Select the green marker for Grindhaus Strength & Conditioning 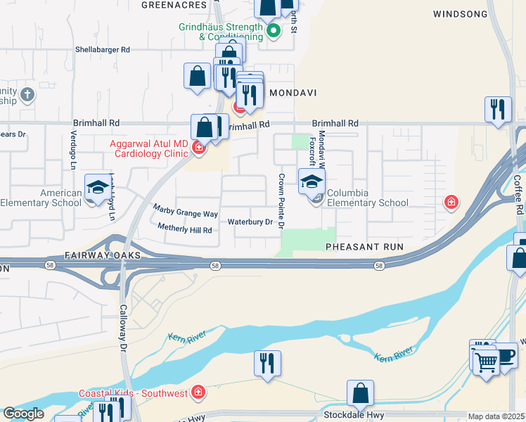(x=274, y=30)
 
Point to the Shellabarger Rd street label (x=103, y=50)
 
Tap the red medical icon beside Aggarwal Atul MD (x=199, y=147)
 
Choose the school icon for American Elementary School (x=96, y=187)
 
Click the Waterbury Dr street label (x=250, y=222)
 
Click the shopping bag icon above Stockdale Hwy (x=360, y=393)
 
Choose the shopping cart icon (x=485, y=362)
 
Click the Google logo (x=23, y=414)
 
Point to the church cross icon (x=27, y=94)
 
